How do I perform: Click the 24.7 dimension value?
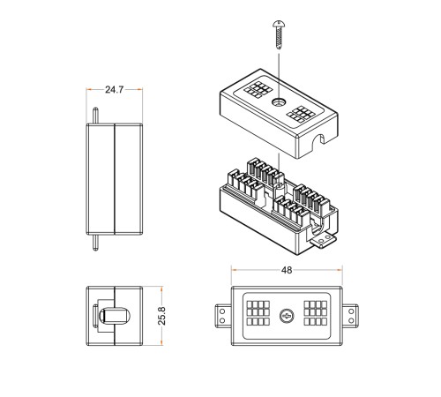(115, 89)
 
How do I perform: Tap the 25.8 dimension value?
(161, 316)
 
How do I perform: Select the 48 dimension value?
(287, 270)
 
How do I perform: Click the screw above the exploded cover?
(279, 34)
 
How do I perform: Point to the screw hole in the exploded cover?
(278, 102)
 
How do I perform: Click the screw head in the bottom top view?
(287, 316)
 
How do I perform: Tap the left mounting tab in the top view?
(223, 316)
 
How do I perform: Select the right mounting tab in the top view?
(350, 316)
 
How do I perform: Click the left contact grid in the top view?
(258, 313)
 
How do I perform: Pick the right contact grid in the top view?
(316, 313)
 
